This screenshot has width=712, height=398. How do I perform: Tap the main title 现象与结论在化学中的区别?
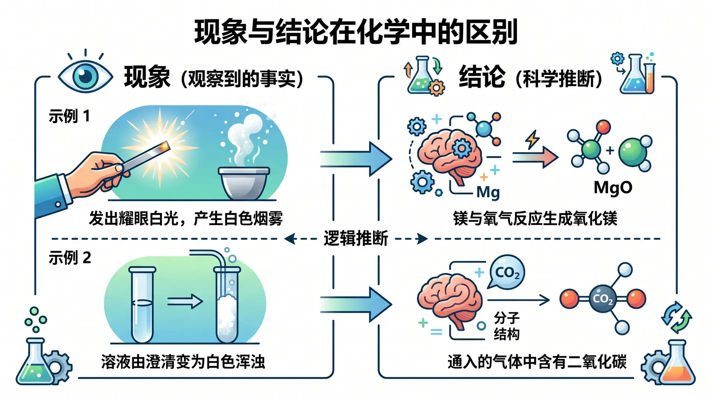point(356,32)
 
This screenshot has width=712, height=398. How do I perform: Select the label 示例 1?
point(69,116)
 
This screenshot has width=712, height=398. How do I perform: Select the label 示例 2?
point(70,258)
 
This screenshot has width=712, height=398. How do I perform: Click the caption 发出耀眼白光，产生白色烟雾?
point(186,218)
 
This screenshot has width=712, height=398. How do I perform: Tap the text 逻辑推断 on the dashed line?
point(356,238)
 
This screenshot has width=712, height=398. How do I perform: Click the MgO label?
point(613,188)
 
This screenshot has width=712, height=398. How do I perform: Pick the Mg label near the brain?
point(488,193)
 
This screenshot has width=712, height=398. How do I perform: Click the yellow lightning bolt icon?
point(533,140)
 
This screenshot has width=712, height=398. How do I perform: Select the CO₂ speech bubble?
point(507,272)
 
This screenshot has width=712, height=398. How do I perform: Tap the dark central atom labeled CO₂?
point(603,298)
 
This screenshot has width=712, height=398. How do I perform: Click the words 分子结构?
point(507,326)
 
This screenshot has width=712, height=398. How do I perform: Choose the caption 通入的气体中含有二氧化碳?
point(537,362)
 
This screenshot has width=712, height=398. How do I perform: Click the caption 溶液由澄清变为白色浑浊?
point(183,362)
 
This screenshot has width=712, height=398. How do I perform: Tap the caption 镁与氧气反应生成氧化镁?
point(535,218)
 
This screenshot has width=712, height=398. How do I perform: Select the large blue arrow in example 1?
point(356,159)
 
